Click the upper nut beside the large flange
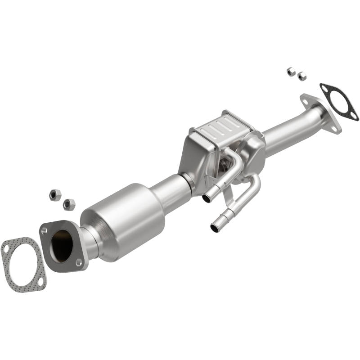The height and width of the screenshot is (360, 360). (54, 195)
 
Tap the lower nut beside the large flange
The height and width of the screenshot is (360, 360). (69, 204)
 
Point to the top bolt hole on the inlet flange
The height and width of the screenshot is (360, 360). (44, 230)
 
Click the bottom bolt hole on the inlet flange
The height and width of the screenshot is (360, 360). (79, 262)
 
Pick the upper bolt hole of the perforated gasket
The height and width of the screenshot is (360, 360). (6, 247)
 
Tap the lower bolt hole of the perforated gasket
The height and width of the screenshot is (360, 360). (40, 283)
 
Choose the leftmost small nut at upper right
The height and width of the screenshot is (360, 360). (291, 71)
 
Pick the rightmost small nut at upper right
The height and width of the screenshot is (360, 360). (301, 76)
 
